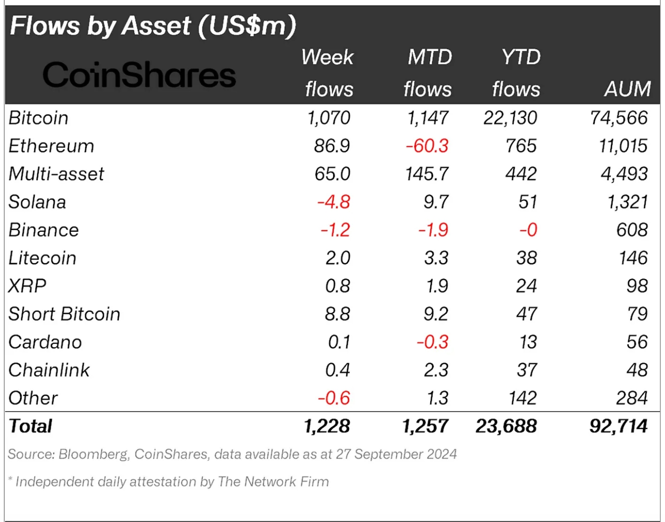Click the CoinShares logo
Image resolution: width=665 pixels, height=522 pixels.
point(139,75)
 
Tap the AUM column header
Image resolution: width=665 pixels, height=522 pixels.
point(627,89)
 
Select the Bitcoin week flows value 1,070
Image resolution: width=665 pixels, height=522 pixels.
point(329,118)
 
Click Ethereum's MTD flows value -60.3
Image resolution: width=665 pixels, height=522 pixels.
point(427,146)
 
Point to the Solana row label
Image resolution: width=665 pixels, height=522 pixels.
point(37,202)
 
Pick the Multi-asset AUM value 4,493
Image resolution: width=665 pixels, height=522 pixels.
point(624,174)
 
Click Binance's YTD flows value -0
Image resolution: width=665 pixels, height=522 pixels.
point(528,230)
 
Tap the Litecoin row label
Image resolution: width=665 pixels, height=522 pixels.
point(42,258)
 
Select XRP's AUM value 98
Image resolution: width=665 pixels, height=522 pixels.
point(637,286)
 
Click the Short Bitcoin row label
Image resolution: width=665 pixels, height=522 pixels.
point(64,314)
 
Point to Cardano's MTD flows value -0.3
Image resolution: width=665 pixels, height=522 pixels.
point(433,342)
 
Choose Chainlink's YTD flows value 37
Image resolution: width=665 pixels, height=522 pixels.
point(526,370)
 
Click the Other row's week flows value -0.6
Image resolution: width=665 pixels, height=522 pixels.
point(334,398)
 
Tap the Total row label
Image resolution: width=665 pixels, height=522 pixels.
point(30,426)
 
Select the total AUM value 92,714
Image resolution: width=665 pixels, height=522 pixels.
point(619,426)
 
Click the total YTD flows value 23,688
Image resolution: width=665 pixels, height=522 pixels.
point(506,426)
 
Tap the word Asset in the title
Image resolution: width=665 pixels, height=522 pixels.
point(156,26)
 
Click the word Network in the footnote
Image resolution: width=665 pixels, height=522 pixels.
point(270,481)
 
